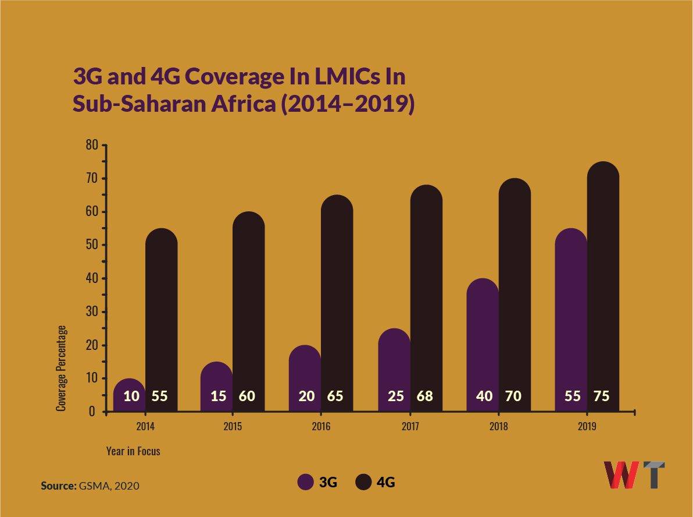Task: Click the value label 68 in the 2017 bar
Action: [425, 396]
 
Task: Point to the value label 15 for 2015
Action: [219, 396]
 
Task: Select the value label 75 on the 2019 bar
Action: [601, 396]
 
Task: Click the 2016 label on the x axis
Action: [321, 427]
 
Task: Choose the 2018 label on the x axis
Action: [498, 427]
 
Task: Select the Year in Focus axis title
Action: [133, 451]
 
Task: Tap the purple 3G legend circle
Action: [306, 482]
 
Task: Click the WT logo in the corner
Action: [634, 474]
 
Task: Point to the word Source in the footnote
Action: [58, 485]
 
